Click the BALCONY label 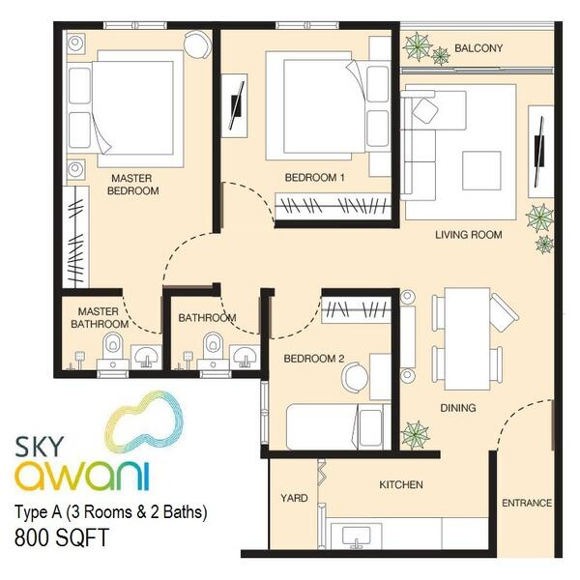pos(478,48)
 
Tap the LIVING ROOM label pos(468,235)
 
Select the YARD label pos(294,498)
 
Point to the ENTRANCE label pos(527,503)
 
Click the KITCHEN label pos(401,484)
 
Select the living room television pos(539,152)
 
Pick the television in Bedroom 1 pos(235,105)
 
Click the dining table pos(467,339)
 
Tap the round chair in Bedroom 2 pos(355,377)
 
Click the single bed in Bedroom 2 pos(338,427)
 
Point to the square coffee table pos(481,170)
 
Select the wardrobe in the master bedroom pos(75,237)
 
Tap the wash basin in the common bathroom pos(245,357)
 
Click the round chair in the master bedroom pos(198,44)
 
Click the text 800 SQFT pos(62,537)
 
